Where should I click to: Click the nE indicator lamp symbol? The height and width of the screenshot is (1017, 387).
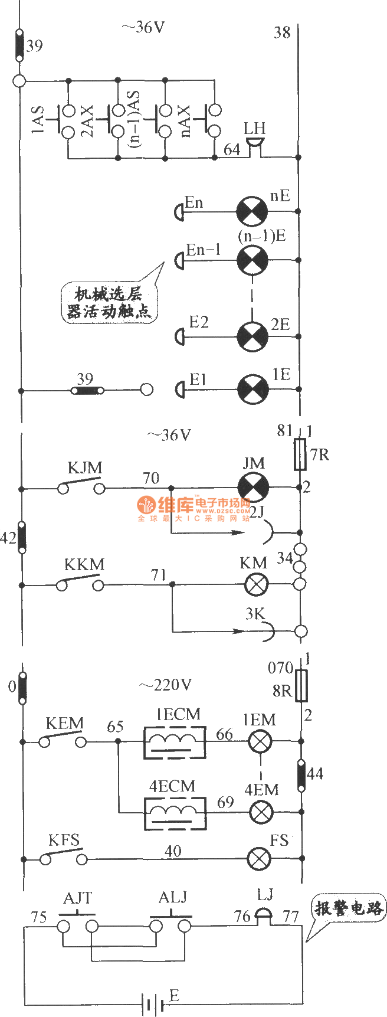coord(252,211)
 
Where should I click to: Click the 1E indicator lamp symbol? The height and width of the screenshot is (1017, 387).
coord(252,389)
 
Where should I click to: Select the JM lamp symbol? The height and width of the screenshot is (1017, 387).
coord(252,488)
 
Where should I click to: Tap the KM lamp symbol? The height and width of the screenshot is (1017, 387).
coord(256,584)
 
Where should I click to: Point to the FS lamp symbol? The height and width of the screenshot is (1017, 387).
coord(259,858)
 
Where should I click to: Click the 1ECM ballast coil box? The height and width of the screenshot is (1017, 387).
coord(175,741)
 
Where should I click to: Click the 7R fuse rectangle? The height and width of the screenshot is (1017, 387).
coord(300,454)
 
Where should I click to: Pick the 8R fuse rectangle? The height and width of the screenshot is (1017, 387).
coord(301,685)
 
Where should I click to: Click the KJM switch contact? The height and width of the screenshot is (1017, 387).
coord(81,487)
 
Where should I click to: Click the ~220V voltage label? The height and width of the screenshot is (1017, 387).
coord(165,685)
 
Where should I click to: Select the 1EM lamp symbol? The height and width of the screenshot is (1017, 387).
coord(260,741)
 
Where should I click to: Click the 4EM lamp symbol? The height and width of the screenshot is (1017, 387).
coord(260,812)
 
